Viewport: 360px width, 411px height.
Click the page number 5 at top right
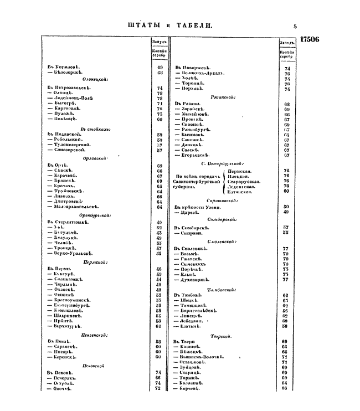click(x=295, y=25)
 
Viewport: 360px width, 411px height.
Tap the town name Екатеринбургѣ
click(x=73, y=305)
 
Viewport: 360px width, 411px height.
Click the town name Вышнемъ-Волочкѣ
click(x=202, y=358)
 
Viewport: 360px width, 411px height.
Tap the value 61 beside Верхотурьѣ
click(x=159, y=326)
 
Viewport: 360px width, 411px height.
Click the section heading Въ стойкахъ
click(x=95, y=129)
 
